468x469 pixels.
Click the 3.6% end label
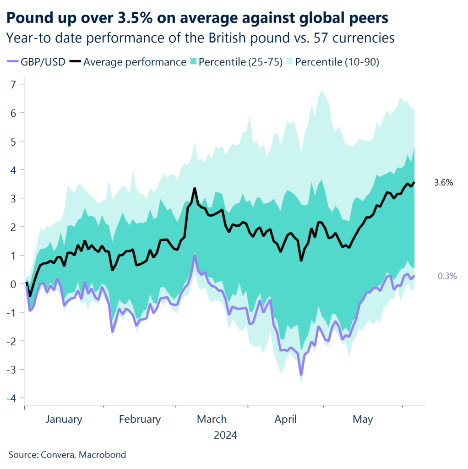(443, 183)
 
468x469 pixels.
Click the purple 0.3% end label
(447, 276)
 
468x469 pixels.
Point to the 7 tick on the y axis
(14, 84)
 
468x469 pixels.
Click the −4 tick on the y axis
(12, 398)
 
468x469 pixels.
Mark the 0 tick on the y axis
(14, 284)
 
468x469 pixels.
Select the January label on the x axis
(64, 419)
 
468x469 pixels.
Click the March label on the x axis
(212, 419)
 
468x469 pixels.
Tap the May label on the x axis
(363, 419)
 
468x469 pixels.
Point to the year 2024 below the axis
(225, 435)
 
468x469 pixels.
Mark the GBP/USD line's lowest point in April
(301, 375)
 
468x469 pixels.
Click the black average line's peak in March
(195, 188)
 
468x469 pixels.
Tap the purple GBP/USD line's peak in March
(195, 256)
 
